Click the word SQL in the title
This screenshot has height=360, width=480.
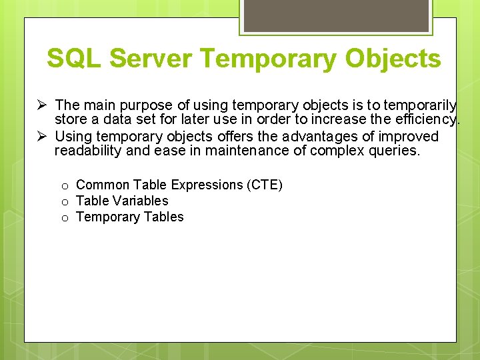click(74, 59)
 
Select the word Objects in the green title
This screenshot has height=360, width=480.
click(393, 59)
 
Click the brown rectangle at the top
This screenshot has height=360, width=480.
click(335, 15)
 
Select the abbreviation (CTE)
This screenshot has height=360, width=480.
click(265, 185)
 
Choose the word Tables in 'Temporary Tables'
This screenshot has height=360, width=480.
click(163, 217)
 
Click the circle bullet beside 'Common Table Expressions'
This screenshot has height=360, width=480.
click(66, 186)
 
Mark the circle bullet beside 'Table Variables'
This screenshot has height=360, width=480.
click(66, 202)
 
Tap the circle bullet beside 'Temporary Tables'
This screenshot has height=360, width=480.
click(66, 218)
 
